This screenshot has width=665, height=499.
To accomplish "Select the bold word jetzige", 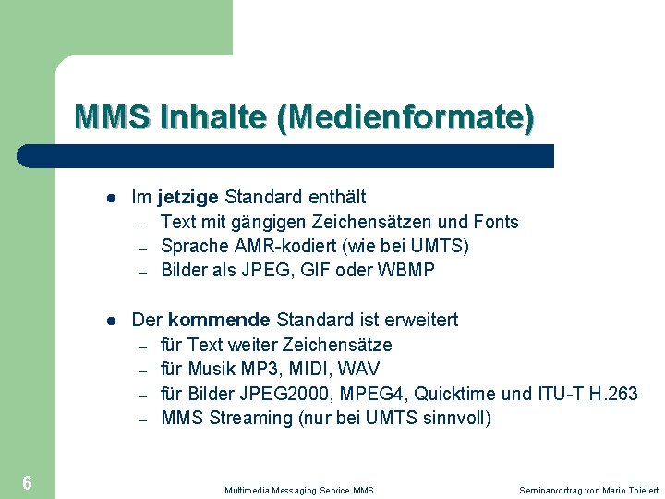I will pos(188,197).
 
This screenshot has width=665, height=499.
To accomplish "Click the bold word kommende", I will pos(219,320).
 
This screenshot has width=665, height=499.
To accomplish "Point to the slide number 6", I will pos(28,482).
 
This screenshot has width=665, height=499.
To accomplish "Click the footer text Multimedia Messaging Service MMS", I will pos(298,490).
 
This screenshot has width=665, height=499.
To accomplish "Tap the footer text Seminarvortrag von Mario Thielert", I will pos(589,490).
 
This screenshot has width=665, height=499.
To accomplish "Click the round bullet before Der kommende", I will pos(110,321).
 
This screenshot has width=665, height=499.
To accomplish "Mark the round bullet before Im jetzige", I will pos(110,198).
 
